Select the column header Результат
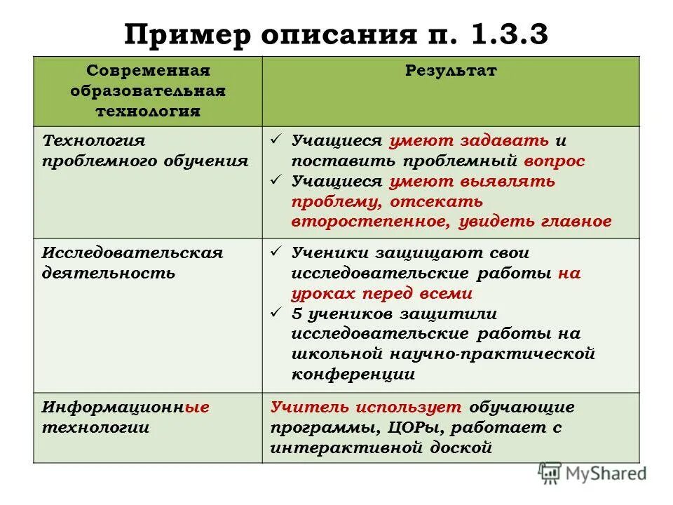[x=451, y=72]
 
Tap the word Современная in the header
[x=149, y=72]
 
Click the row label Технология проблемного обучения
[x=145, y=151]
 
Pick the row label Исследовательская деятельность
[x=132, y=263]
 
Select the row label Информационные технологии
[x=125, y=418]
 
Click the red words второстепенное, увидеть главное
[x=451, y=222]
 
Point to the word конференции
[x=353, y=375]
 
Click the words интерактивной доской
[x=381, y=447]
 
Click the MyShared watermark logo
[x=593, y=473]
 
